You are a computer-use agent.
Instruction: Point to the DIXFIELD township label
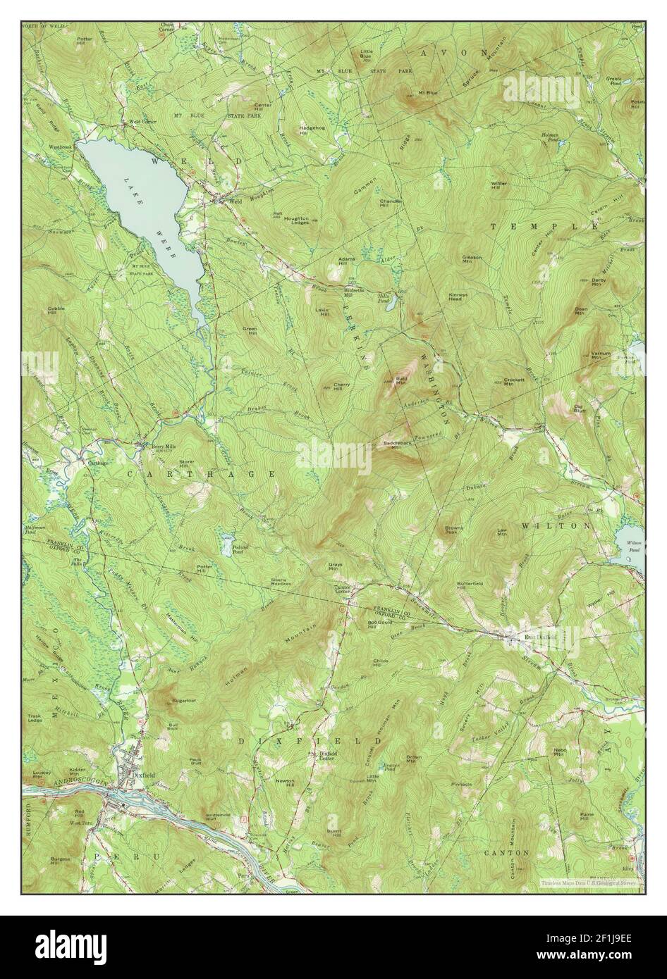click(x=309, y=741)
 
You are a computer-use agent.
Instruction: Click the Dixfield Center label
click(x=325, y=759)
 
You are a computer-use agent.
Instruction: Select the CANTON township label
click(x=507, y=852)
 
